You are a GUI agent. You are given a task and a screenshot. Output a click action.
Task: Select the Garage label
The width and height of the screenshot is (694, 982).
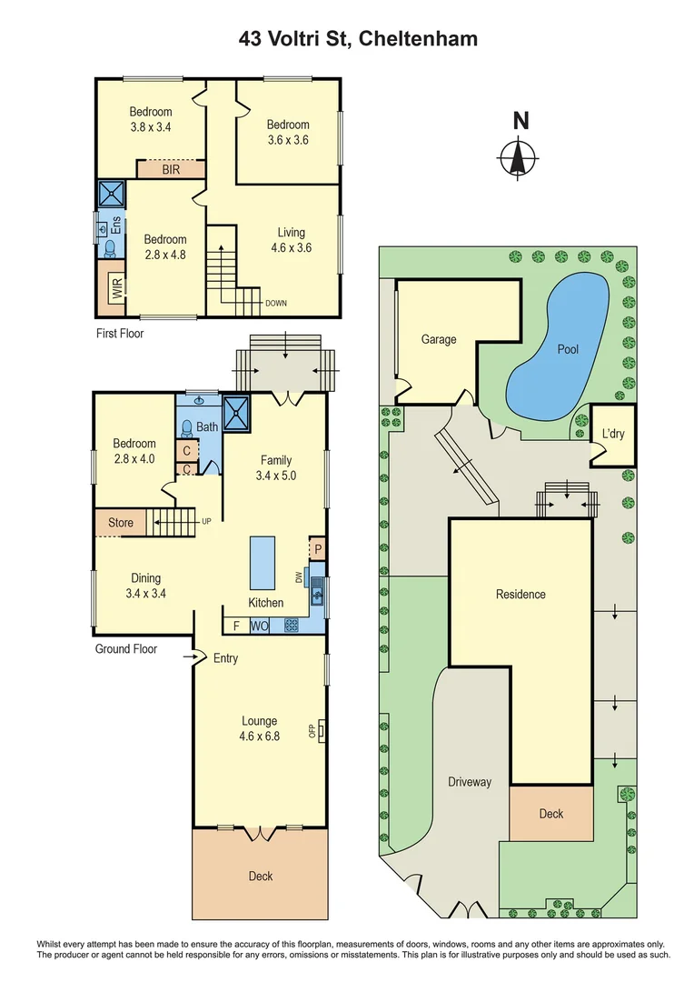438,339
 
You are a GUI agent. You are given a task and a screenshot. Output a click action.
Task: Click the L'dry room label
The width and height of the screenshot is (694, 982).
613,434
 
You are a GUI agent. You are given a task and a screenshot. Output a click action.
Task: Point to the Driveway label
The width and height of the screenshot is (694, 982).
470,782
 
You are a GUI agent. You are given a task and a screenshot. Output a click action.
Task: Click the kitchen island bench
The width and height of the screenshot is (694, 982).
263,563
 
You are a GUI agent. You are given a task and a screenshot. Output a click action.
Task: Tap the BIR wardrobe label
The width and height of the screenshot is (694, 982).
171,169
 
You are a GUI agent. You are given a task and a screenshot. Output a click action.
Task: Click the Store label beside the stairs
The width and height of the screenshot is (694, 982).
121,522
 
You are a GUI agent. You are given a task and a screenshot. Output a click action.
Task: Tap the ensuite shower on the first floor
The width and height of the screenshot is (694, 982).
113,195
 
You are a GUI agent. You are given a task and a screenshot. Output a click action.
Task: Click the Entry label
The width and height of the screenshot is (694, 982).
225,657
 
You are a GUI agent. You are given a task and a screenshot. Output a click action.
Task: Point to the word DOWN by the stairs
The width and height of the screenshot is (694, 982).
276,304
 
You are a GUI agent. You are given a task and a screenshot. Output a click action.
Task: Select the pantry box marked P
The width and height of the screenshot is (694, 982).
317,547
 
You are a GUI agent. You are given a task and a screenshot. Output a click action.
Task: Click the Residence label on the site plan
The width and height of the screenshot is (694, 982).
520,594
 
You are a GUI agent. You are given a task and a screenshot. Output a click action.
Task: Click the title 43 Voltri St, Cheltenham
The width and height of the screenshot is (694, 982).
358,38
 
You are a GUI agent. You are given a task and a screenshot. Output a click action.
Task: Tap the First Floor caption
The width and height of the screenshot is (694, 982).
120,334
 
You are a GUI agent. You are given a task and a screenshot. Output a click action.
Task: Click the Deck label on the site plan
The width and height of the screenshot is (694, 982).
551,814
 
